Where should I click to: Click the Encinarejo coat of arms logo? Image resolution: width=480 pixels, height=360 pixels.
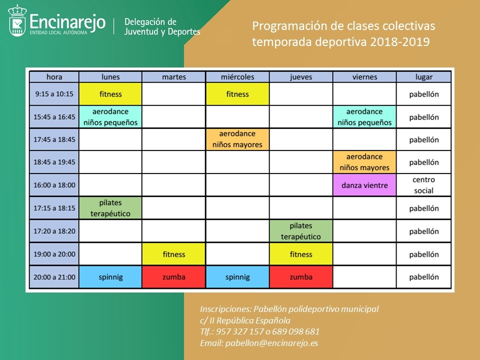pos(17,20)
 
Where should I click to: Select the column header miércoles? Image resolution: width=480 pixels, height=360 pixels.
pos(237,77)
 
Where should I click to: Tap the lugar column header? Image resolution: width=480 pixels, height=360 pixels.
pos(423,77)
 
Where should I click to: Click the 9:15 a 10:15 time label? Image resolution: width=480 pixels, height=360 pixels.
pos(54,94)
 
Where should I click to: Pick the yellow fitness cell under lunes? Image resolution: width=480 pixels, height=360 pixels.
pos(110,94)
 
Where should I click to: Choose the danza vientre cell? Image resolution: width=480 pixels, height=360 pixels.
pos(364,185)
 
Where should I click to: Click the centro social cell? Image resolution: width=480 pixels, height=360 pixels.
pos(423,185)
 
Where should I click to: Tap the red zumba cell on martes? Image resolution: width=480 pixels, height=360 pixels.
pos(174,277)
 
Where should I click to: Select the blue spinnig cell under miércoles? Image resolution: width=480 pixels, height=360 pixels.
pos(237,277)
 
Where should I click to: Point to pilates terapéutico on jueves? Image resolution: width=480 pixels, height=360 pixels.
pos(301,231)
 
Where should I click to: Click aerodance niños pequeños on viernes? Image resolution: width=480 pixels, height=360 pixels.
pos(364,117)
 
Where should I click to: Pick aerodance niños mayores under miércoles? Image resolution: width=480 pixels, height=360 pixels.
pos(237,139)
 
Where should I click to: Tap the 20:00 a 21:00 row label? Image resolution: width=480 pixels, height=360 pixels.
pos(54,277)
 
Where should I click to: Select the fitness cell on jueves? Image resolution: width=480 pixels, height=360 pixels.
pos(301,254)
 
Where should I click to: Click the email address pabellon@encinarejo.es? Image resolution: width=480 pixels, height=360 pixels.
pos(272,343)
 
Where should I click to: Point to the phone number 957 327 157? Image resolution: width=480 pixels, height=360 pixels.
pos(239,331)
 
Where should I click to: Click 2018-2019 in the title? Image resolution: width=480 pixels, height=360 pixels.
pos(400,41)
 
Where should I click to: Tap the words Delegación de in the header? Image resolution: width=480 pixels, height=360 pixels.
pos(150,22)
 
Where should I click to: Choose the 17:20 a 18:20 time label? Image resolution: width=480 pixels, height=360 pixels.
pos(54,231)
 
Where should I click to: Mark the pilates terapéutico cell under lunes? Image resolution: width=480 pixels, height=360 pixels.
pos(110,208)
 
